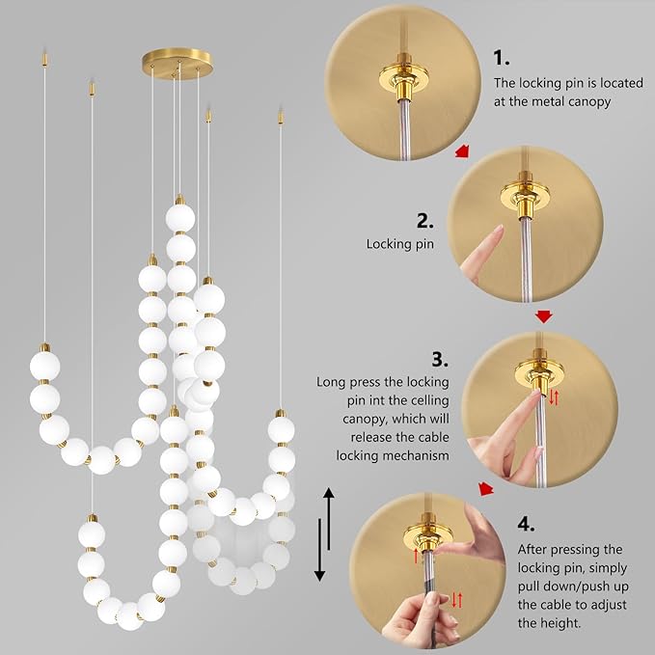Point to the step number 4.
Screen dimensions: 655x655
pos(526,524)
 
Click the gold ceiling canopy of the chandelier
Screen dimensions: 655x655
pos(178,57)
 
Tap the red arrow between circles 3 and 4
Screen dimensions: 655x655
pos(487,489)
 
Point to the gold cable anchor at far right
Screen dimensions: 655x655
pos(281,120)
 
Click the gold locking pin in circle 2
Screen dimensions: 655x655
pos(524,205)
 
